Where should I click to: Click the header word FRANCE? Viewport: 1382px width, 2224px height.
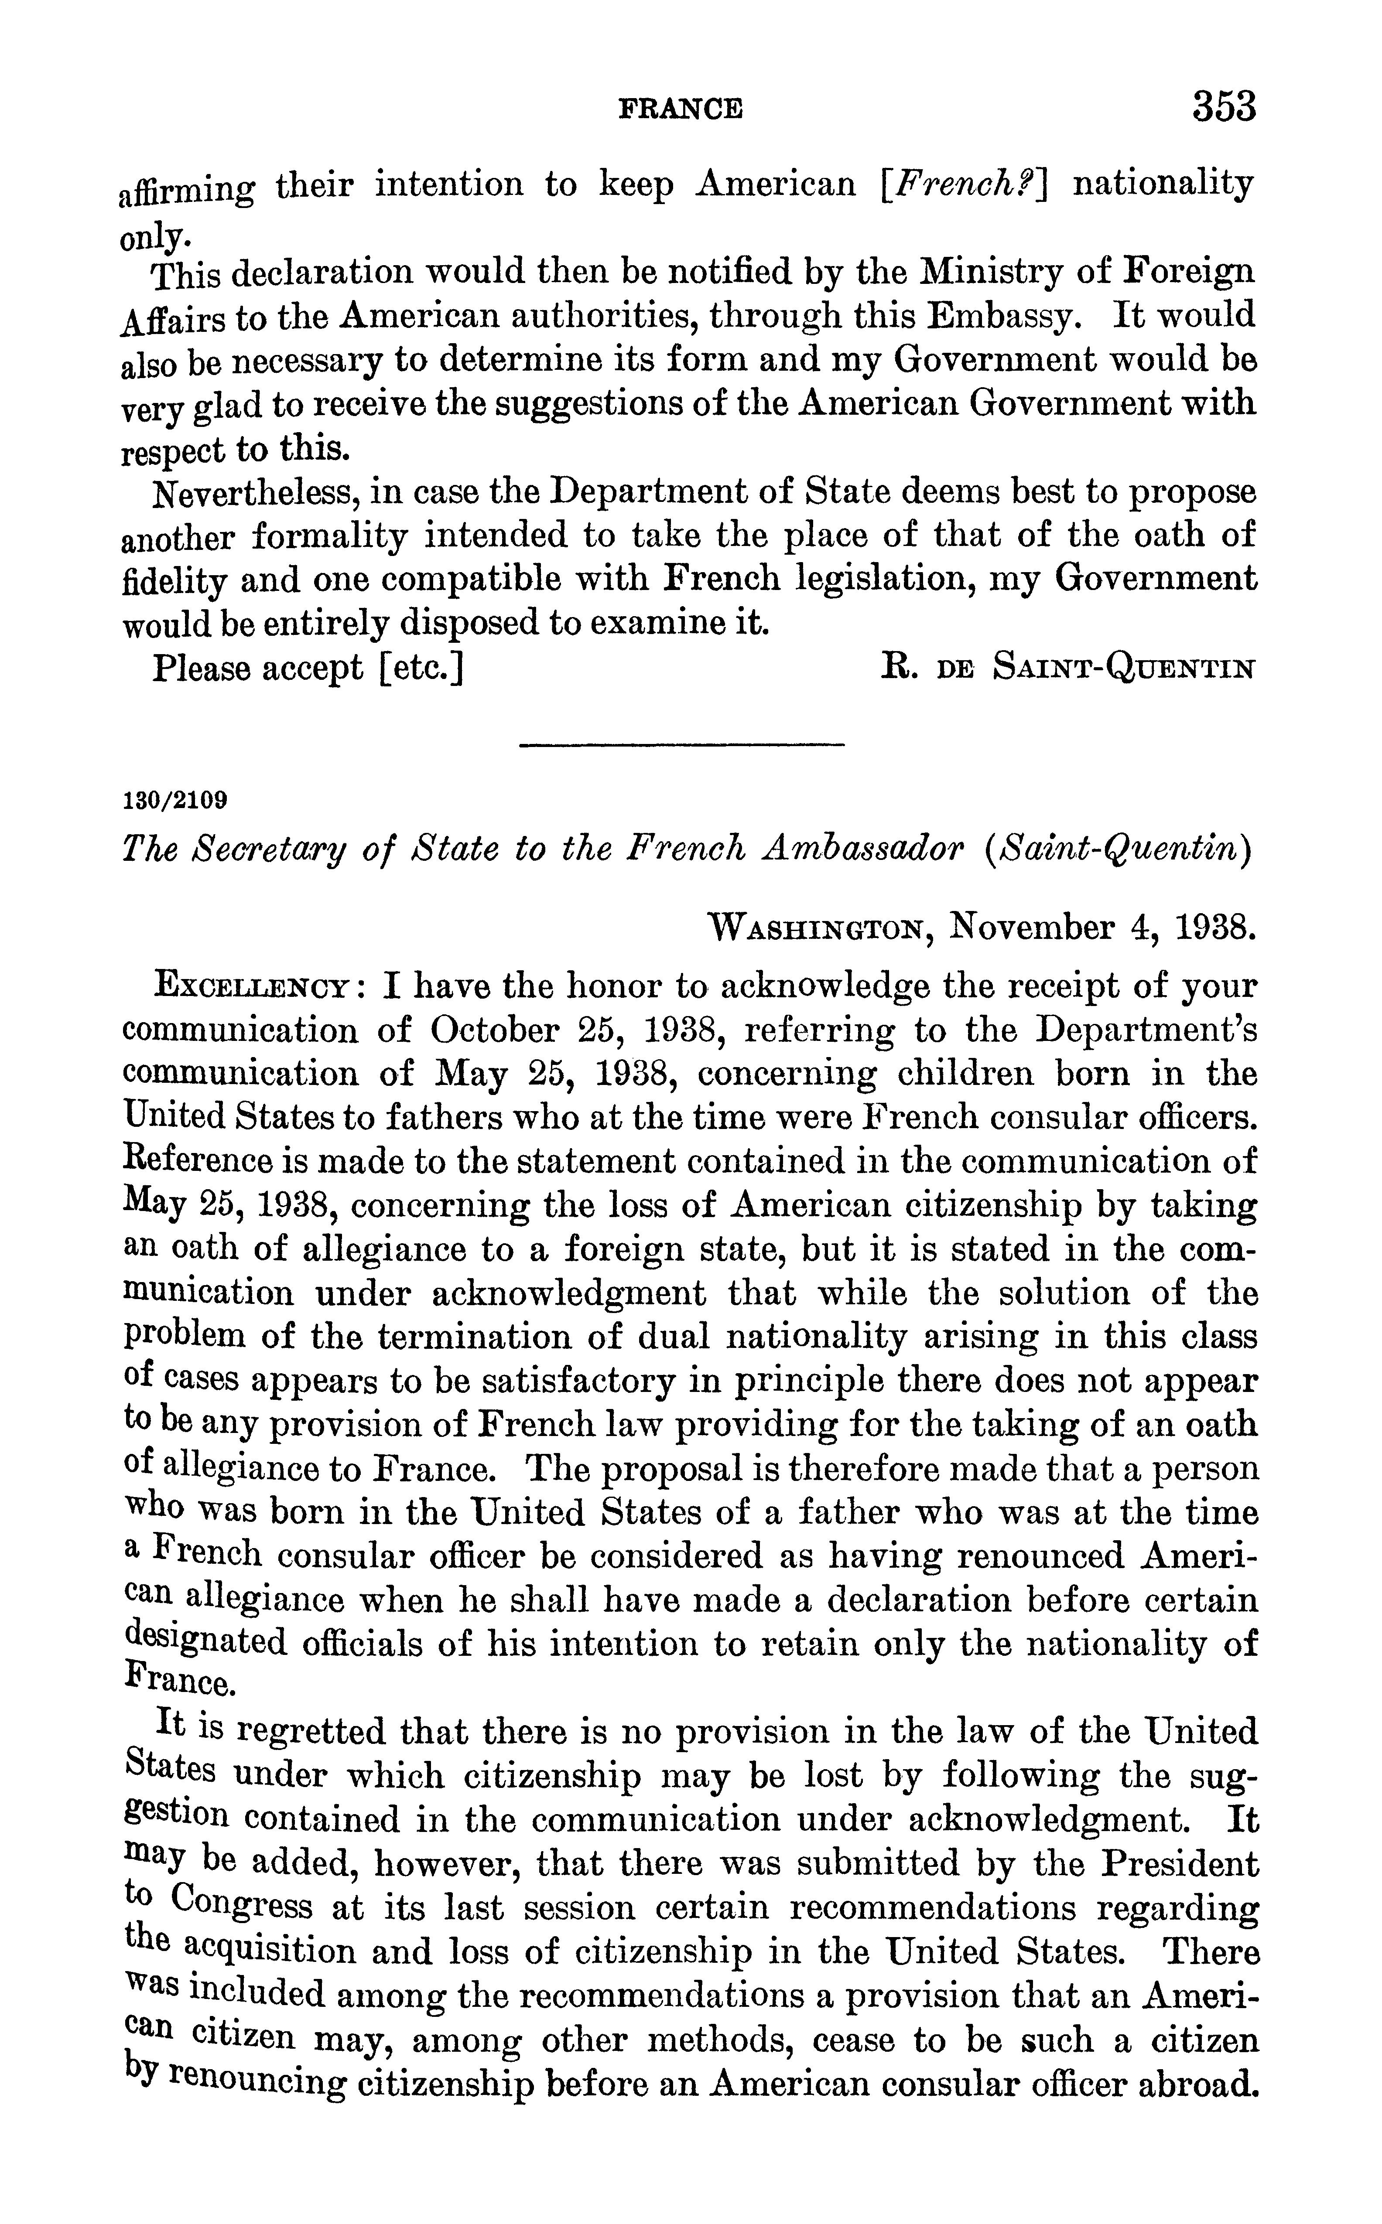[x=681, y=109]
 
